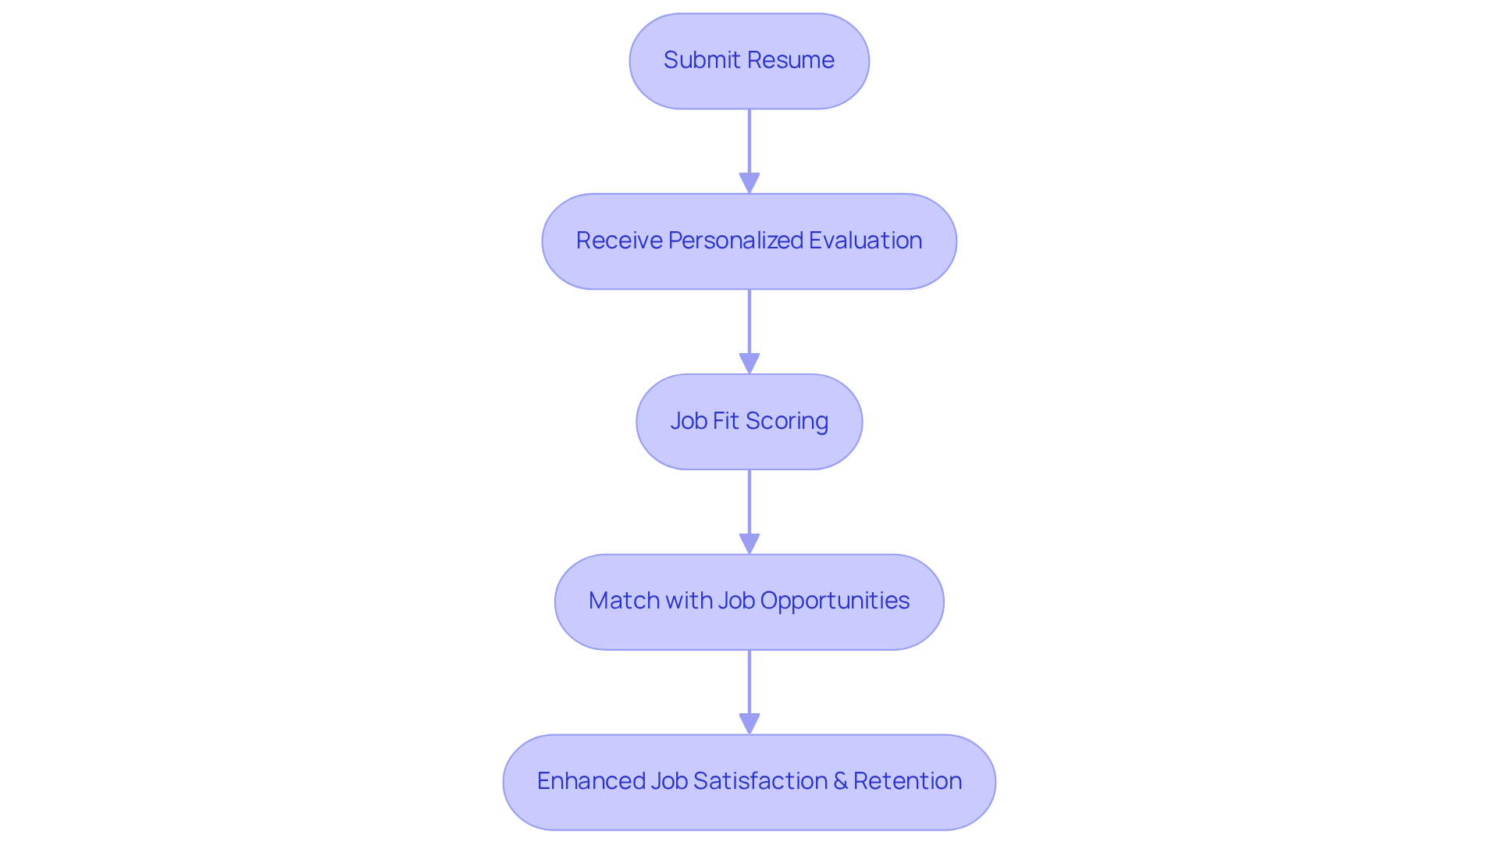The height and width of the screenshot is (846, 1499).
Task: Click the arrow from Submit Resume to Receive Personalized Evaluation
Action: tap(749, 148)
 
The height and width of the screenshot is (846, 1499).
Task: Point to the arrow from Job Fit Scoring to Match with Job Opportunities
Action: tap(749, 509)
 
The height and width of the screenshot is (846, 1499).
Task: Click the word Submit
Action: tap(697, 60)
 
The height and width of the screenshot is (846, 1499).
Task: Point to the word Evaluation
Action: tap(865, 241)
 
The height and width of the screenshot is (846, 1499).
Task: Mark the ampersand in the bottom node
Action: tap(840, 781)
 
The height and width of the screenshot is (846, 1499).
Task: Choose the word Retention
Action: tap(907, 781)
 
